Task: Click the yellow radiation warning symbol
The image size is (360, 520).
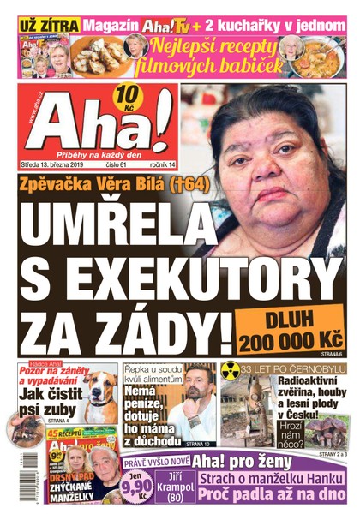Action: pos(230,369)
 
